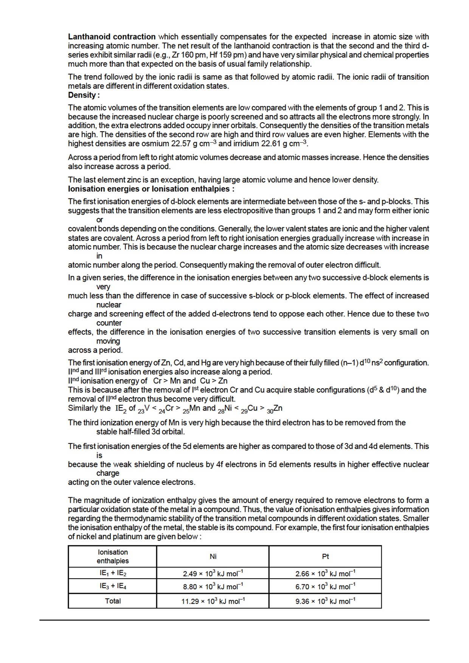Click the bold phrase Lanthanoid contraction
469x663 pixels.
[112, 37]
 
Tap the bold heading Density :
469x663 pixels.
[84, 95]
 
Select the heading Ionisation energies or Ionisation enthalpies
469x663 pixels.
[151, 189]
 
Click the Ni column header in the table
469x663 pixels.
[213, 556]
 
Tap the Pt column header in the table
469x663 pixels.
[325, 556]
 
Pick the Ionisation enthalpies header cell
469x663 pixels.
[113, 556]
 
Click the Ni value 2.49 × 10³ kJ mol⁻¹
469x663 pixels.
[213, 573]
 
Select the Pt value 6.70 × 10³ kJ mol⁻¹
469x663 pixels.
[325, 587]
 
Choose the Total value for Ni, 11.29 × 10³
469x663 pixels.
[213, 601]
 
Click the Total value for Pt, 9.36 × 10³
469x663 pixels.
[325, 601]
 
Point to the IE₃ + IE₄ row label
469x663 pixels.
[113, 586]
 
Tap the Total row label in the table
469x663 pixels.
[113, 601]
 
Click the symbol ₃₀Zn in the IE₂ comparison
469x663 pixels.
[275, 409]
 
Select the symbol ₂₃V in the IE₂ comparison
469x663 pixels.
[144, 409]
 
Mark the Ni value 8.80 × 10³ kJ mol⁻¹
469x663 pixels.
[213, 587]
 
